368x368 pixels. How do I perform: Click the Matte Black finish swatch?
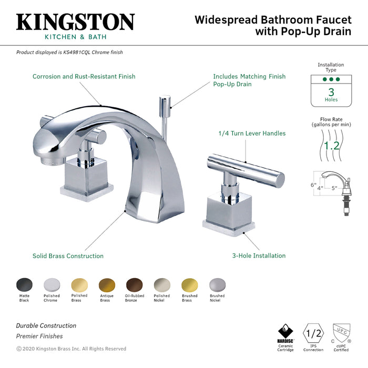coord(24,285)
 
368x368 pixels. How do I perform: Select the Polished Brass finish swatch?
coord(79,285)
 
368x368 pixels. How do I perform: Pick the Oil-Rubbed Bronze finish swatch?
coord(134,285)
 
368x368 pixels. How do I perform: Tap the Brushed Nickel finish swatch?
coord(217,285)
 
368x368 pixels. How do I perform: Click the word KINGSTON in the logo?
coord(75,22)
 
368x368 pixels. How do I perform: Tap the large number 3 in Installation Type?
coord(331,91)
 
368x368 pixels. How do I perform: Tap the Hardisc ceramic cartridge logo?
coord(285,333)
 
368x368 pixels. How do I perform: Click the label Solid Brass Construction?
coord(68,256)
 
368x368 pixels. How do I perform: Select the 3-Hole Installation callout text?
coord(259,256)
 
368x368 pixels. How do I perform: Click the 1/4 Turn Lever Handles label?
coord(252,134)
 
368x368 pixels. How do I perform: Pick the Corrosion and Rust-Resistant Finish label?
coord(84,76)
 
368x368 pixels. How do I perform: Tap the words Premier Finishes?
coord(39,336)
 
